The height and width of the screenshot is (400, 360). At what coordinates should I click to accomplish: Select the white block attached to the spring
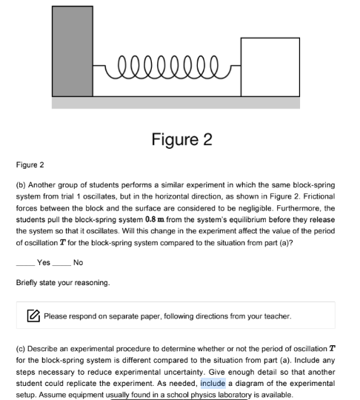tap(270, 67)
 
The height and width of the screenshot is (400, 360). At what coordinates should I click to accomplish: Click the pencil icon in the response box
tap(33, 316)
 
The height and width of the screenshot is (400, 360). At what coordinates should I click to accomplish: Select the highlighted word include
tap(213, 384)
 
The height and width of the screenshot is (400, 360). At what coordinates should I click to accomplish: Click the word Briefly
tap(27, 282)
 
